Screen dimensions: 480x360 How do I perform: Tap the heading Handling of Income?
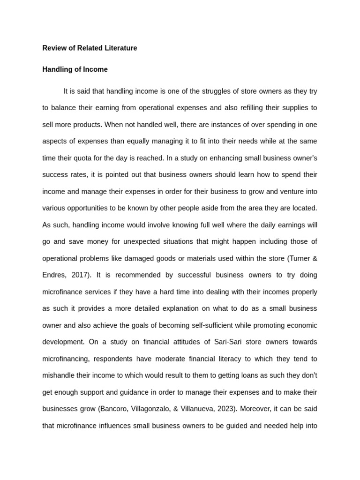point(75,69)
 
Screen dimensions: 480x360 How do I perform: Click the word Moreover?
point(255,409)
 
